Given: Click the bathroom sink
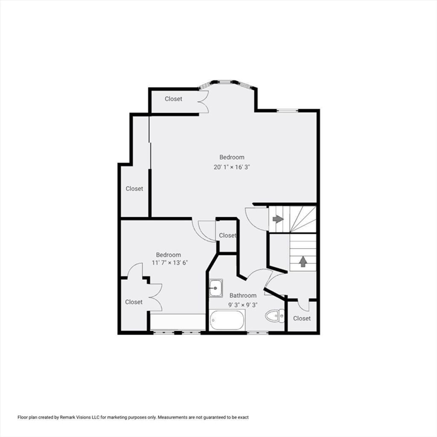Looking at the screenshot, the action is (x=216, y=288).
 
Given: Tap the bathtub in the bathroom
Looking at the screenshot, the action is (x=227, y=320).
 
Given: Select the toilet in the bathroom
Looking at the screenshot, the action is (x=274, y=316).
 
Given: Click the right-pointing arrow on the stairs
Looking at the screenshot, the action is (x=278, y=219).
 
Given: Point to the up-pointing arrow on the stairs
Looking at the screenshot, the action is (x=303, y=262).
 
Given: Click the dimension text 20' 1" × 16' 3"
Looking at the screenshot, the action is (x=232, y=167).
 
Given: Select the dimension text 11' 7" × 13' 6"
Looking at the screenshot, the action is (x=170, y=262).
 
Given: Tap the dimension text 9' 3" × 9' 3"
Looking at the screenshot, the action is (x=243, y=305).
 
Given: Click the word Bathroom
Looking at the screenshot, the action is (x=243, y=295).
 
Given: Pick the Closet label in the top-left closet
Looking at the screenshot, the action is (x=173, y=99).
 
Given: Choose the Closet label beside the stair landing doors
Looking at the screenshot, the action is (x=302, y=318).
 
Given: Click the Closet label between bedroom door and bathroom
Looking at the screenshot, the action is (x=227, y=236).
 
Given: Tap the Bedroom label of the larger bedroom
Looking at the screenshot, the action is (x=232, y=157).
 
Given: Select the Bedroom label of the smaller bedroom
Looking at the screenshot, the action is (x=168, y=255).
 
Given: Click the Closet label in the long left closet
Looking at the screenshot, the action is (x=134, y=189).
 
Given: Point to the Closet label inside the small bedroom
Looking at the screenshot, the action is (x=134, y=302).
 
